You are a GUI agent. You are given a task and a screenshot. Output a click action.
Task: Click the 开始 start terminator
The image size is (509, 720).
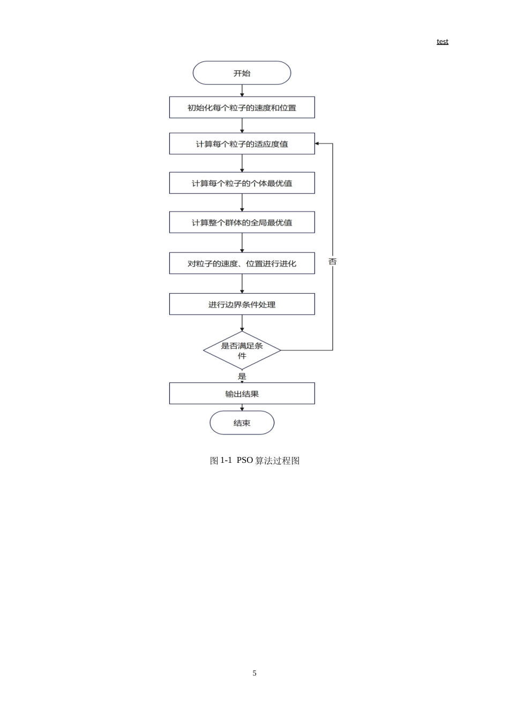(242, 73)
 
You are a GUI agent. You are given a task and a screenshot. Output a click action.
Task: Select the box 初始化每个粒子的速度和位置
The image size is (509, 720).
(242, 107)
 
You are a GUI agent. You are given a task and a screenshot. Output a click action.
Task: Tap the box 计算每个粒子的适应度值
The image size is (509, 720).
(242, 144)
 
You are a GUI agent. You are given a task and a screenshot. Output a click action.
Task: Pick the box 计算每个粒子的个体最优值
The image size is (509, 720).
(242, 183)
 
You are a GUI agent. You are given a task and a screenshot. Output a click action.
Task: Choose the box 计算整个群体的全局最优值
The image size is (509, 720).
(242, 222)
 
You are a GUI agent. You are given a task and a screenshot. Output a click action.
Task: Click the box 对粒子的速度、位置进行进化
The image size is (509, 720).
(242, 263)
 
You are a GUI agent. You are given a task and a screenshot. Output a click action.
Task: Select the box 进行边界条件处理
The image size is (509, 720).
(242, 304)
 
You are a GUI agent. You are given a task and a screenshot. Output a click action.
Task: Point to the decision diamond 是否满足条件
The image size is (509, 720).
(242, 350)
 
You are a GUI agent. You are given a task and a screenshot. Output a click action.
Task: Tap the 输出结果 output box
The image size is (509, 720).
(242, 393)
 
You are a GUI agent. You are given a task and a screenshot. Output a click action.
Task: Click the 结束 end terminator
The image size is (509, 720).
(242, 423)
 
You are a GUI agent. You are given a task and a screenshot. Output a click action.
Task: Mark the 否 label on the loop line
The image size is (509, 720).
(333, 261)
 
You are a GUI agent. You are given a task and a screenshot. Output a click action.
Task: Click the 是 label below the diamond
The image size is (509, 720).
(242, 376)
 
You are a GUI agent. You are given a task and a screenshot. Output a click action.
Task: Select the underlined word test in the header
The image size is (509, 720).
(443, 41)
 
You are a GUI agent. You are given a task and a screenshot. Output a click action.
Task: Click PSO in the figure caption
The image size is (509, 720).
(245, 460)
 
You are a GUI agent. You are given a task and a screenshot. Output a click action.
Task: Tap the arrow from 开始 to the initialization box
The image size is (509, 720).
(242, 91)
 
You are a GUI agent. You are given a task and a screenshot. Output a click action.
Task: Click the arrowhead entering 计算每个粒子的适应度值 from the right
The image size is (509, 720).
(317, 144)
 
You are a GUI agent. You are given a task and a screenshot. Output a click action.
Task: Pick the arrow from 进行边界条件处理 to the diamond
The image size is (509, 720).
(242, 323)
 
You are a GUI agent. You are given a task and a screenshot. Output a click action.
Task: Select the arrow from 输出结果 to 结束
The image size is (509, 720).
(242, 408)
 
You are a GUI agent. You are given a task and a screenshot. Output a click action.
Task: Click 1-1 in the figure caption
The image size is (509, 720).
(226, 460)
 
